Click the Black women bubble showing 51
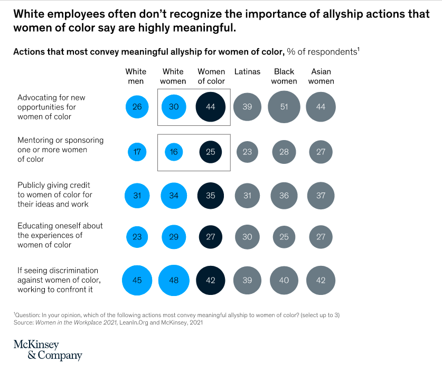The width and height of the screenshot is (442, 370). (284, 107)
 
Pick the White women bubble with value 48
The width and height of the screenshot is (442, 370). (174, 280)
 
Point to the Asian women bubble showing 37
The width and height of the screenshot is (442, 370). (321, 196)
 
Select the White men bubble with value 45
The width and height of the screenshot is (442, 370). (137, 280)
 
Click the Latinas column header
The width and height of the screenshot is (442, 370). (247, 71)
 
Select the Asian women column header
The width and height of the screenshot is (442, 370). (321, 76)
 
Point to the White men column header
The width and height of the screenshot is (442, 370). (136, 76)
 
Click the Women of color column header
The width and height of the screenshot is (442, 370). (211, 76)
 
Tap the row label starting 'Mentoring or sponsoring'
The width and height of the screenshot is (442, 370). (60, 150)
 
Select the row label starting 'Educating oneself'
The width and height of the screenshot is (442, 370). (60, 235)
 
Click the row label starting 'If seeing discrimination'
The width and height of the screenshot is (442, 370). (59, 279)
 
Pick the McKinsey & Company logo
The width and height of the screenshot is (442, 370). (48, 349)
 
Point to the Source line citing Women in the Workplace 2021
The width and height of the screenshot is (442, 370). (108, 322)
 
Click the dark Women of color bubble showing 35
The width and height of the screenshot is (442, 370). (210, 196)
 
